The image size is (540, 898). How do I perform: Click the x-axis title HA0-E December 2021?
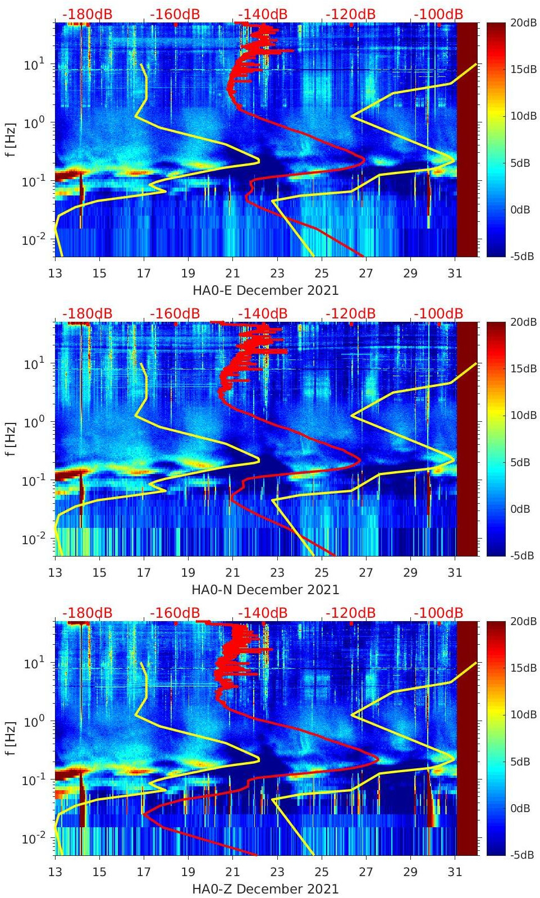click(266, 290)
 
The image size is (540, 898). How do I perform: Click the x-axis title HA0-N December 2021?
click(266, 590)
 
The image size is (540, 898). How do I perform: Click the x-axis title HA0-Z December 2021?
click(266, 889)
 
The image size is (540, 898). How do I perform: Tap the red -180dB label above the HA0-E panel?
click(87, 14)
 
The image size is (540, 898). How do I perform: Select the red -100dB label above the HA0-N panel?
click(438, 313)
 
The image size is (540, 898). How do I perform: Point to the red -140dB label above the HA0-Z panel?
click(263, 613)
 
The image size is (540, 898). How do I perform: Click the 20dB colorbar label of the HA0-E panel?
click(519, 22)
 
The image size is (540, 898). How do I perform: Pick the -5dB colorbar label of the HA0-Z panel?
click(519, 855)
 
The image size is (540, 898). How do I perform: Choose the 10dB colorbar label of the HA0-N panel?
click(519, 416)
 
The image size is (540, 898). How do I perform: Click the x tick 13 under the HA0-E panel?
click(55, 273)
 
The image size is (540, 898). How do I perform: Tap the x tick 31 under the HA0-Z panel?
click(455, 872)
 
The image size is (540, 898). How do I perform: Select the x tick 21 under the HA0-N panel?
click(232, 573)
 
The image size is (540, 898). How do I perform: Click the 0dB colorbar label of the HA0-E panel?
click(520, 209)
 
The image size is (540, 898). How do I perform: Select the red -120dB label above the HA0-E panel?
click(350, 14)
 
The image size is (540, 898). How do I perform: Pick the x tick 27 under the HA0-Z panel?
click(366, 872)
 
